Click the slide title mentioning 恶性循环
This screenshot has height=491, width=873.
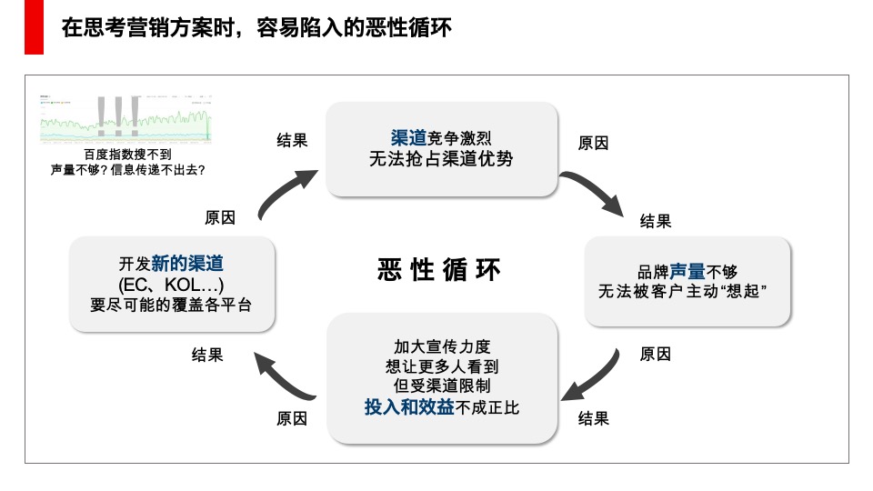tap(256, 28)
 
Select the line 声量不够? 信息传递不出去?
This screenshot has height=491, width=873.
tap(127, 169)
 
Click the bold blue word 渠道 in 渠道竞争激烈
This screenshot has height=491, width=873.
tap(408, 138)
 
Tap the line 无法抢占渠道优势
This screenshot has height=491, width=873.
tap(441, 160)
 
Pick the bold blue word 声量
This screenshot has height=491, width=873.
tap(688, 271)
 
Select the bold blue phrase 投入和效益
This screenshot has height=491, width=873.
tap(408, 407)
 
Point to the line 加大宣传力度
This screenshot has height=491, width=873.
tap(441, 347)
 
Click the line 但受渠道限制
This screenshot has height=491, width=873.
tap(441, 386)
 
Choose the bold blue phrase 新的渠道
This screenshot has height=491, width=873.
tap(187, 264)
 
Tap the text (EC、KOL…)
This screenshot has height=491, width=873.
tap(171, 285)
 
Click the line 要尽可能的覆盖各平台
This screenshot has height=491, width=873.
tap(171, 306)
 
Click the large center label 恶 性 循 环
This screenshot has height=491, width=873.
tap(439, 270)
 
